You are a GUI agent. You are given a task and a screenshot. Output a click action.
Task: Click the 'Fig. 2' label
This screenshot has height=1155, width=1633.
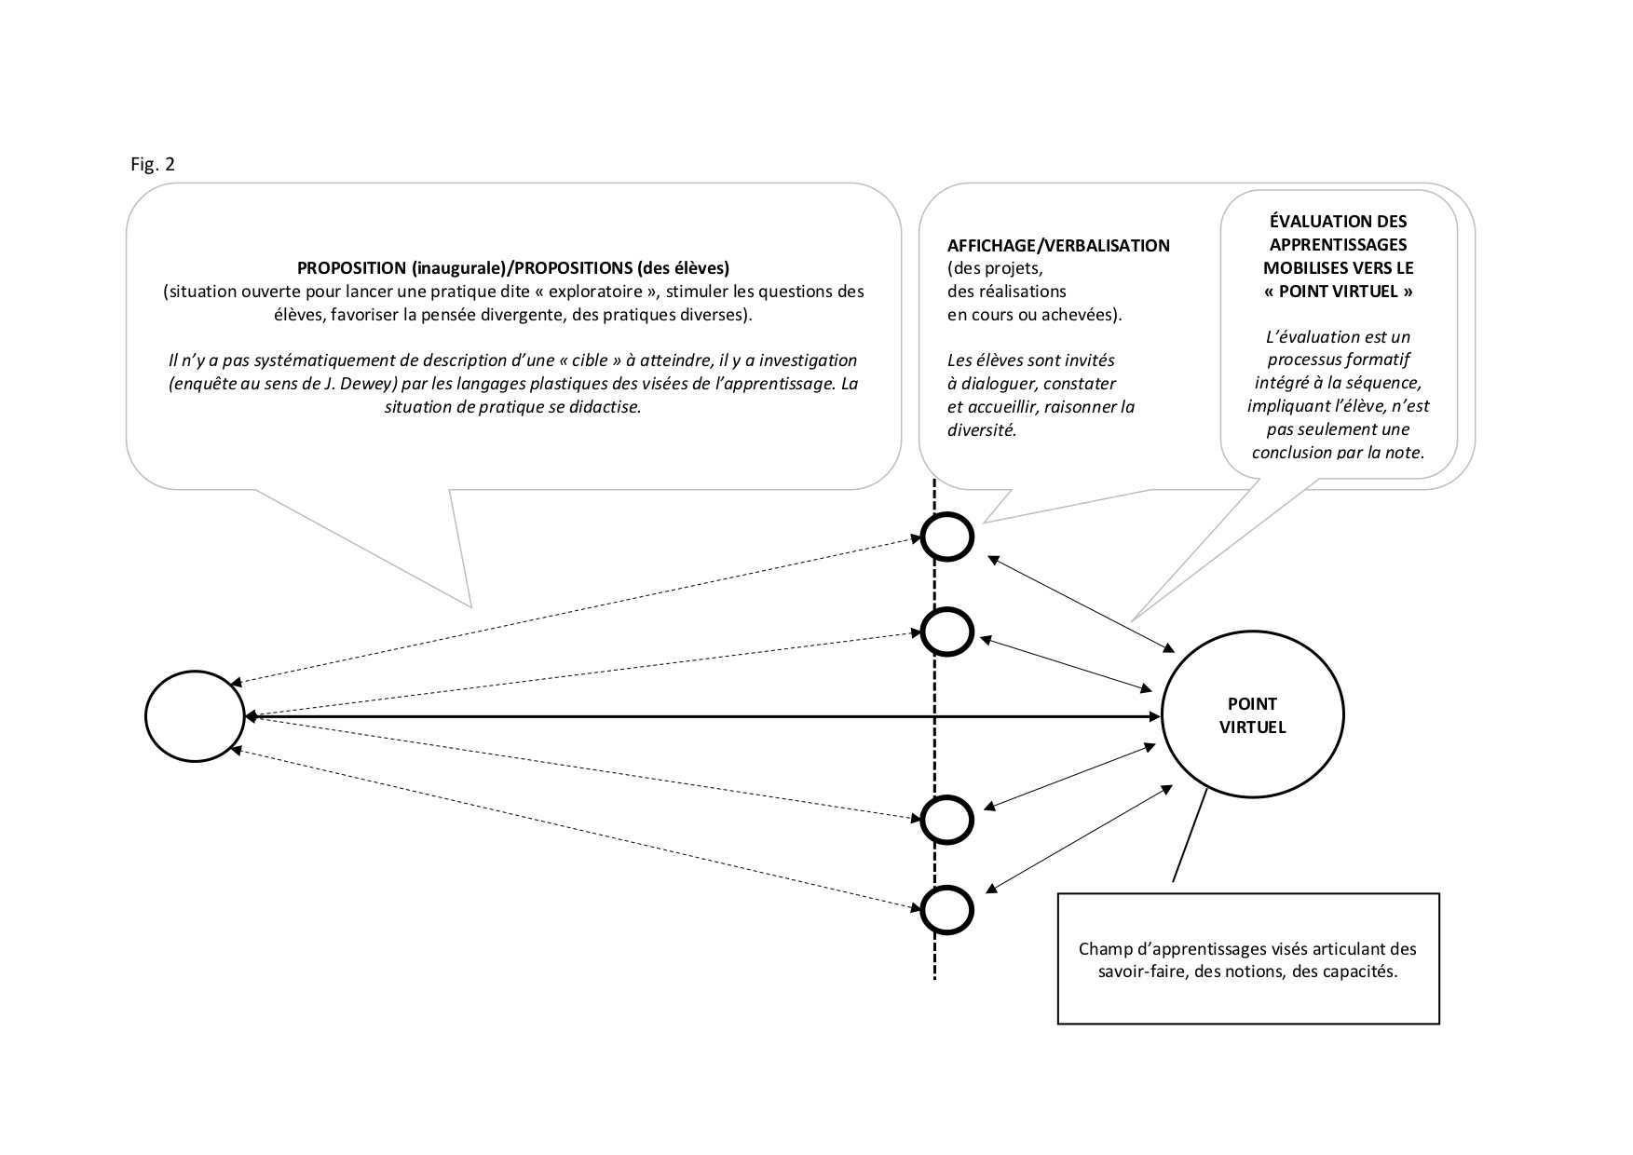[x=153, y=165]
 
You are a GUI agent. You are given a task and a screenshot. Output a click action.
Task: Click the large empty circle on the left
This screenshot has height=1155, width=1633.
[x=195, y=716]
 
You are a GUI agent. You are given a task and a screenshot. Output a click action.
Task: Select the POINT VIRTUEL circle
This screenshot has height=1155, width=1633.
[x=1252, y=715]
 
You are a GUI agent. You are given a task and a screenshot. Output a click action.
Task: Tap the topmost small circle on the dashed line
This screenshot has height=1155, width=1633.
[x=947, y=537]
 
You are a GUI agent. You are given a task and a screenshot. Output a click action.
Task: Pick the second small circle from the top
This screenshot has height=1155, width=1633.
[x=947, y=632]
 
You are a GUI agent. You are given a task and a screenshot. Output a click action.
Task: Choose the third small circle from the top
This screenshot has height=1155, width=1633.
[x=947, y=819]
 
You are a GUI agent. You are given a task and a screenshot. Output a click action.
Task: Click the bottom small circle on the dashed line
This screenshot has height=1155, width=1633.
[x=947, y=909]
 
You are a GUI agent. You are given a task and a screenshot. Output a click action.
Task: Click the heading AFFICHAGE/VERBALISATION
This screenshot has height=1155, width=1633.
[x=1058, y=246]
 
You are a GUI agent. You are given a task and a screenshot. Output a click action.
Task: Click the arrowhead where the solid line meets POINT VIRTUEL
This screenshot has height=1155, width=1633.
[x=1155, y=716]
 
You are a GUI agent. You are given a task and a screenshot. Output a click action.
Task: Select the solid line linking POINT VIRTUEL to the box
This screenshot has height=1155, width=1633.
[x=1190, y=835]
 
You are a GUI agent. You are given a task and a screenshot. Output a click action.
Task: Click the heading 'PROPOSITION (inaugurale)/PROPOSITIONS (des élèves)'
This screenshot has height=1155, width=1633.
[x=513, y=268]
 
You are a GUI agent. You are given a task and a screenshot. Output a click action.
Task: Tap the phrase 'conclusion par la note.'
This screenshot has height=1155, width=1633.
[x=1338, y=453]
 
